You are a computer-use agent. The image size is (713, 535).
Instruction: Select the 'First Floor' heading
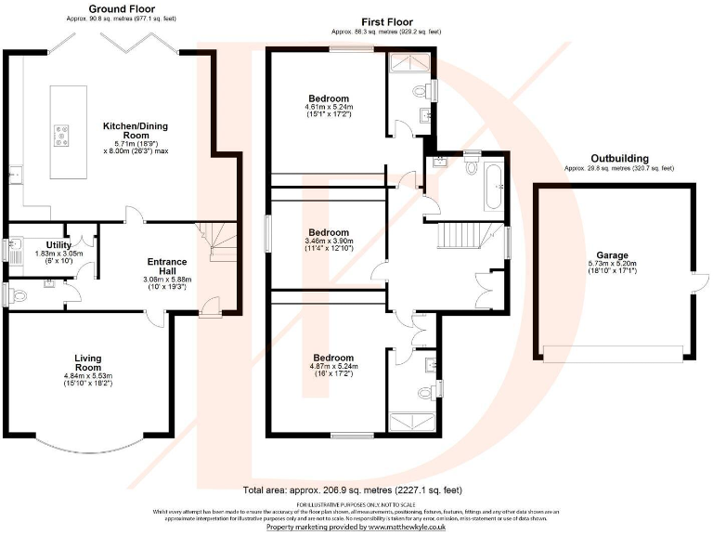pos(387,21)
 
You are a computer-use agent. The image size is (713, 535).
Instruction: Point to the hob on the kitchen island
pos(62,137)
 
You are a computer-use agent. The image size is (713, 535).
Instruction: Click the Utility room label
pos(46,244)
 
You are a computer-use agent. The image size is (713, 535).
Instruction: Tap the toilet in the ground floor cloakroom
pos(14,295)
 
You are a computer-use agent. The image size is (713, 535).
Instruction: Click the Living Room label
pos(87,361)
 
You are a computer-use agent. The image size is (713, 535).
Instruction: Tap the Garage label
pos(613,254)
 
